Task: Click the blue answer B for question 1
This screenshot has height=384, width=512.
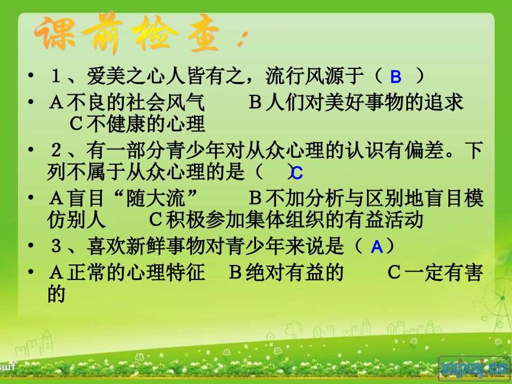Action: coord(396,78)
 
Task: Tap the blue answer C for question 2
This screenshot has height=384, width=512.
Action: coord(297,173)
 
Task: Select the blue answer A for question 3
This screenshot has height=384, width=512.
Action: coord(377,247)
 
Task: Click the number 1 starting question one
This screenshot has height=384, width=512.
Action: coord(55,76)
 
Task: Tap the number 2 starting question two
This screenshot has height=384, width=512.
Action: coord(55,151)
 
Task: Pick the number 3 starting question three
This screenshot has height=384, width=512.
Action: coord(55,247)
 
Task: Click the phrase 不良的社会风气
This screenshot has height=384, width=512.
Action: coord(136,103)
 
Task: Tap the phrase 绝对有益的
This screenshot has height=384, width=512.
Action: coord(295,273)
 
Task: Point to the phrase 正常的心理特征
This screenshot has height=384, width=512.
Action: coord(136,273)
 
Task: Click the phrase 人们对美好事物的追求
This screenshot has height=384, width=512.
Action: coord(365,103)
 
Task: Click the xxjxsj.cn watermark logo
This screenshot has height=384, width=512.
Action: coord(474,367)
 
